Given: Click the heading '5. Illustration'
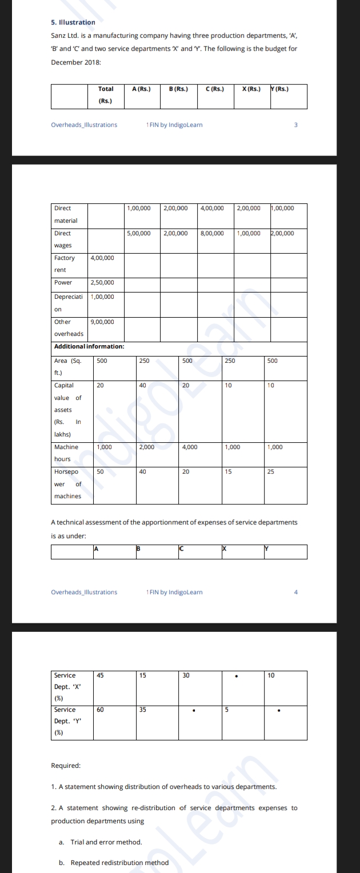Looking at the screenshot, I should pos(73,22).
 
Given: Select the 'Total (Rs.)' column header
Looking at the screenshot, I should pos(106,95).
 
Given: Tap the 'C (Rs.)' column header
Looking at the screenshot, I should pos(215,89).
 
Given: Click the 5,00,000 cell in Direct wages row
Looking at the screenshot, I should pos(139,233).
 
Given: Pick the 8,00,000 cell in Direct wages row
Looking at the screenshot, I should pos(212,233).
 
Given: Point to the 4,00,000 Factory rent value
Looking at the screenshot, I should pos(102,258).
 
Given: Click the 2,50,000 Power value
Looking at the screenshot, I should pos(102,282).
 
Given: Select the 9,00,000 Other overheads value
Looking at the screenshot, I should pos(102,322).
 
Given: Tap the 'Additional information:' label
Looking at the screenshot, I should pos(89,346).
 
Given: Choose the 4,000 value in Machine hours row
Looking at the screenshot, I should pos(190,447).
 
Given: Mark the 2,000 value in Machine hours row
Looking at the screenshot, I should pos(147,447).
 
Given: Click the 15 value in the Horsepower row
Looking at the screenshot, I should pos(229,471).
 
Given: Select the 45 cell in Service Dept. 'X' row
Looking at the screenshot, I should pos(101,675).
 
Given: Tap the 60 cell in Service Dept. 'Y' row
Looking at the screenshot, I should pos(101,709).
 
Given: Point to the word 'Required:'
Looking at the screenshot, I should pos(66,765).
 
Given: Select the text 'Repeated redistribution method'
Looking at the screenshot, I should pos(119,862).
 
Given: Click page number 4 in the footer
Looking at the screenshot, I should pos(296,592).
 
